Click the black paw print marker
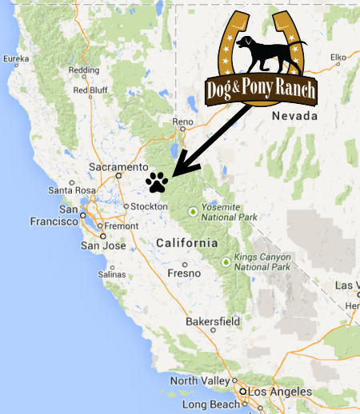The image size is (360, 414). click(x=157, y=182)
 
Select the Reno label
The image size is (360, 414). click(x=184, y=121)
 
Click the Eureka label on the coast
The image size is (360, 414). click(x=17, y=58)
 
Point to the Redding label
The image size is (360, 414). click(x=84, y=70)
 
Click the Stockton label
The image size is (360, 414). click(x=150, y=206)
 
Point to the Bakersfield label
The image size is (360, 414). click(x=212, y=321)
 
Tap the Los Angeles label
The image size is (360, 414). click(x=279, y=392)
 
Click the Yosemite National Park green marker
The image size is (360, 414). click(x=192, y=211)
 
